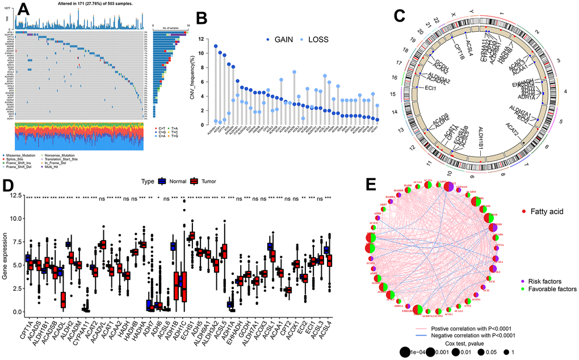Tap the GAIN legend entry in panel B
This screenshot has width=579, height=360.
click(x=287, y=40)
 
